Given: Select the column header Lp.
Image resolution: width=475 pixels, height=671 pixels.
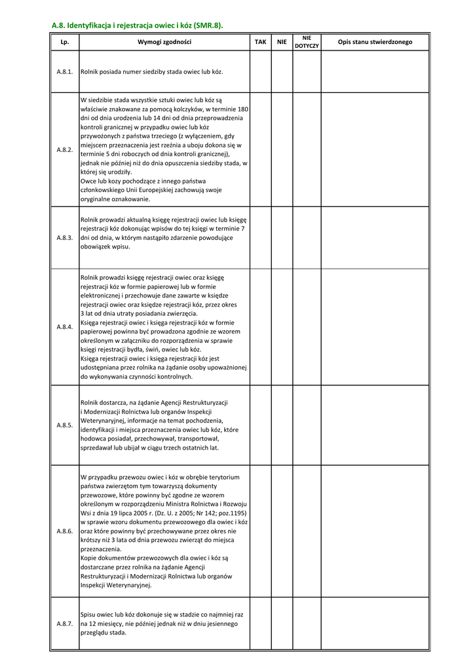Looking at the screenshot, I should pyautogui.click(x=64, y=42).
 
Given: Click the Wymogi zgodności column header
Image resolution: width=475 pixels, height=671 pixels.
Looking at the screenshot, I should pyautogui.click(x=164, y=42).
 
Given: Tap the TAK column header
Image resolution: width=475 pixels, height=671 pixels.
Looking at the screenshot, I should pyautogui.click(x=260, y=42).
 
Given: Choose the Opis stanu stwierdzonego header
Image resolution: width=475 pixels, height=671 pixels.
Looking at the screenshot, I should pyautogui.click(x=375, y=42).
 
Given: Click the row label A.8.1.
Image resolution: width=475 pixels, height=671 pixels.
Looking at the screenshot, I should pyautogui.click(x=64, y=71).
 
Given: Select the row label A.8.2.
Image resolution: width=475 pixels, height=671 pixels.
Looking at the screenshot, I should pyautogui.click(x=64, y=149).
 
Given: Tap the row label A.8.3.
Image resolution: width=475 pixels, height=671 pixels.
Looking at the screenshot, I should pyautogui.click(x=64, y=238).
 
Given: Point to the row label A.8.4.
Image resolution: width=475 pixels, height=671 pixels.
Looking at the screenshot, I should pyautogui.click(x=64, y=326).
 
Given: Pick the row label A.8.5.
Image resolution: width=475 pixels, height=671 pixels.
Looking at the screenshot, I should pyautogui.click(x=64, y=425).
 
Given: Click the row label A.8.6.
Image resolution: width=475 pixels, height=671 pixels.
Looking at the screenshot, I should pyautogui.click(x=64, y=531).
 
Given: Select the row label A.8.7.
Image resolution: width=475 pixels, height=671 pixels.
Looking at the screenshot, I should pyautogui.click(x=64, y=624).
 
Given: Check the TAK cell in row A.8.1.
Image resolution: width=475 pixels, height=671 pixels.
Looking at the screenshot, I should pyautogui.click(x=260, y=71).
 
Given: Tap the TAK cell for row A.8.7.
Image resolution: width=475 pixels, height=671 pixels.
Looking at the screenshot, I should pyautogui.click(x=260, y=624).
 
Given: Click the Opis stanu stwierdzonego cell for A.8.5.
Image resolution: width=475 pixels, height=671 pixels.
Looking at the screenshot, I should pyautogui.click(x=375, y=425).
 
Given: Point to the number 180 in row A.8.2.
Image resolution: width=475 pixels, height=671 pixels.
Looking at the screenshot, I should pyautogui.click(x=242, y=109).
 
